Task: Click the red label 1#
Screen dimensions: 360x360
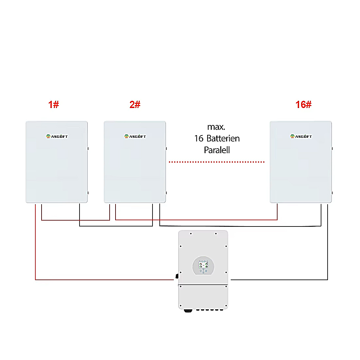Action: [53, 104]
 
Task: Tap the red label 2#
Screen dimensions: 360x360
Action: [135, 104]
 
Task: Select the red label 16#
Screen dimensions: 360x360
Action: [303, 104]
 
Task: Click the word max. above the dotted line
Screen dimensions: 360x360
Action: [216, 127]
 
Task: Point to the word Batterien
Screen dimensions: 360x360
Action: [223, 138]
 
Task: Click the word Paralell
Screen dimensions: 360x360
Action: [217, 150]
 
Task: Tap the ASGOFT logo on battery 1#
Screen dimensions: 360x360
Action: [57, 136]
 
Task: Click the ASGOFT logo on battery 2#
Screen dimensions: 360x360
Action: [135, 136]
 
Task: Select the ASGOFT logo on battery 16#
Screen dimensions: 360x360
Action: [301, 136]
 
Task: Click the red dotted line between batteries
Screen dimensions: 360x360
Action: [217, 162]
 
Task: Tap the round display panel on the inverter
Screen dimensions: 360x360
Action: [203, 266]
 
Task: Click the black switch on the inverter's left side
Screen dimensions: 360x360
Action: [177, 276]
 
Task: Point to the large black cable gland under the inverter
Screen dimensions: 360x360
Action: [188, 311]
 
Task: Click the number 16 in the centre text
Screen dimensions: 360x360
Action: [199, 138]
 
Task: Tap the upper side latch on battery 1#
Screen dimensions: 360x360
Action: [88, 149]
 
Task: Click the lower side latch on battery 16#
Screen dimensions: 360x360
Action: [332, 193]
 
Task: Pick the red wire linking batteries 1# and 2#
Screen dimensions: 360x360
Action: [76, 220]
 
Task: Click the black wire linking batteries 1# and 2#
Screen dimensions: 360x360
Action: [116, 226]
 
